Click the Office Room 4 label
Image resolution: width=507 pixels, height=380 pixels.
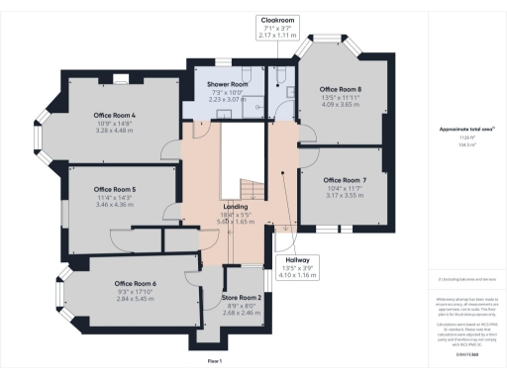(114, 115)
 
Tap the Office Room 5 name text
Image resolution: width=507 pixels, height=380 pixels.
(114, 188)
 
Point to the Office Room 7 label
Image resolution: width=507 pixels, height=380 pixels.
(346, 180)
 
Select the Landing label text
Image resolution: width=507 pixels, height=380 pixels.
(236, 206)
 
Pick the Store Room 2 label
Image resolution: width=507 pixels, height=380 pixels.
(241, 298)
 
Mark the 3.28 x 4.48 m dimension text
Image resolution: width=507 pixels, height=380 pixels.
(114, 129)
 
